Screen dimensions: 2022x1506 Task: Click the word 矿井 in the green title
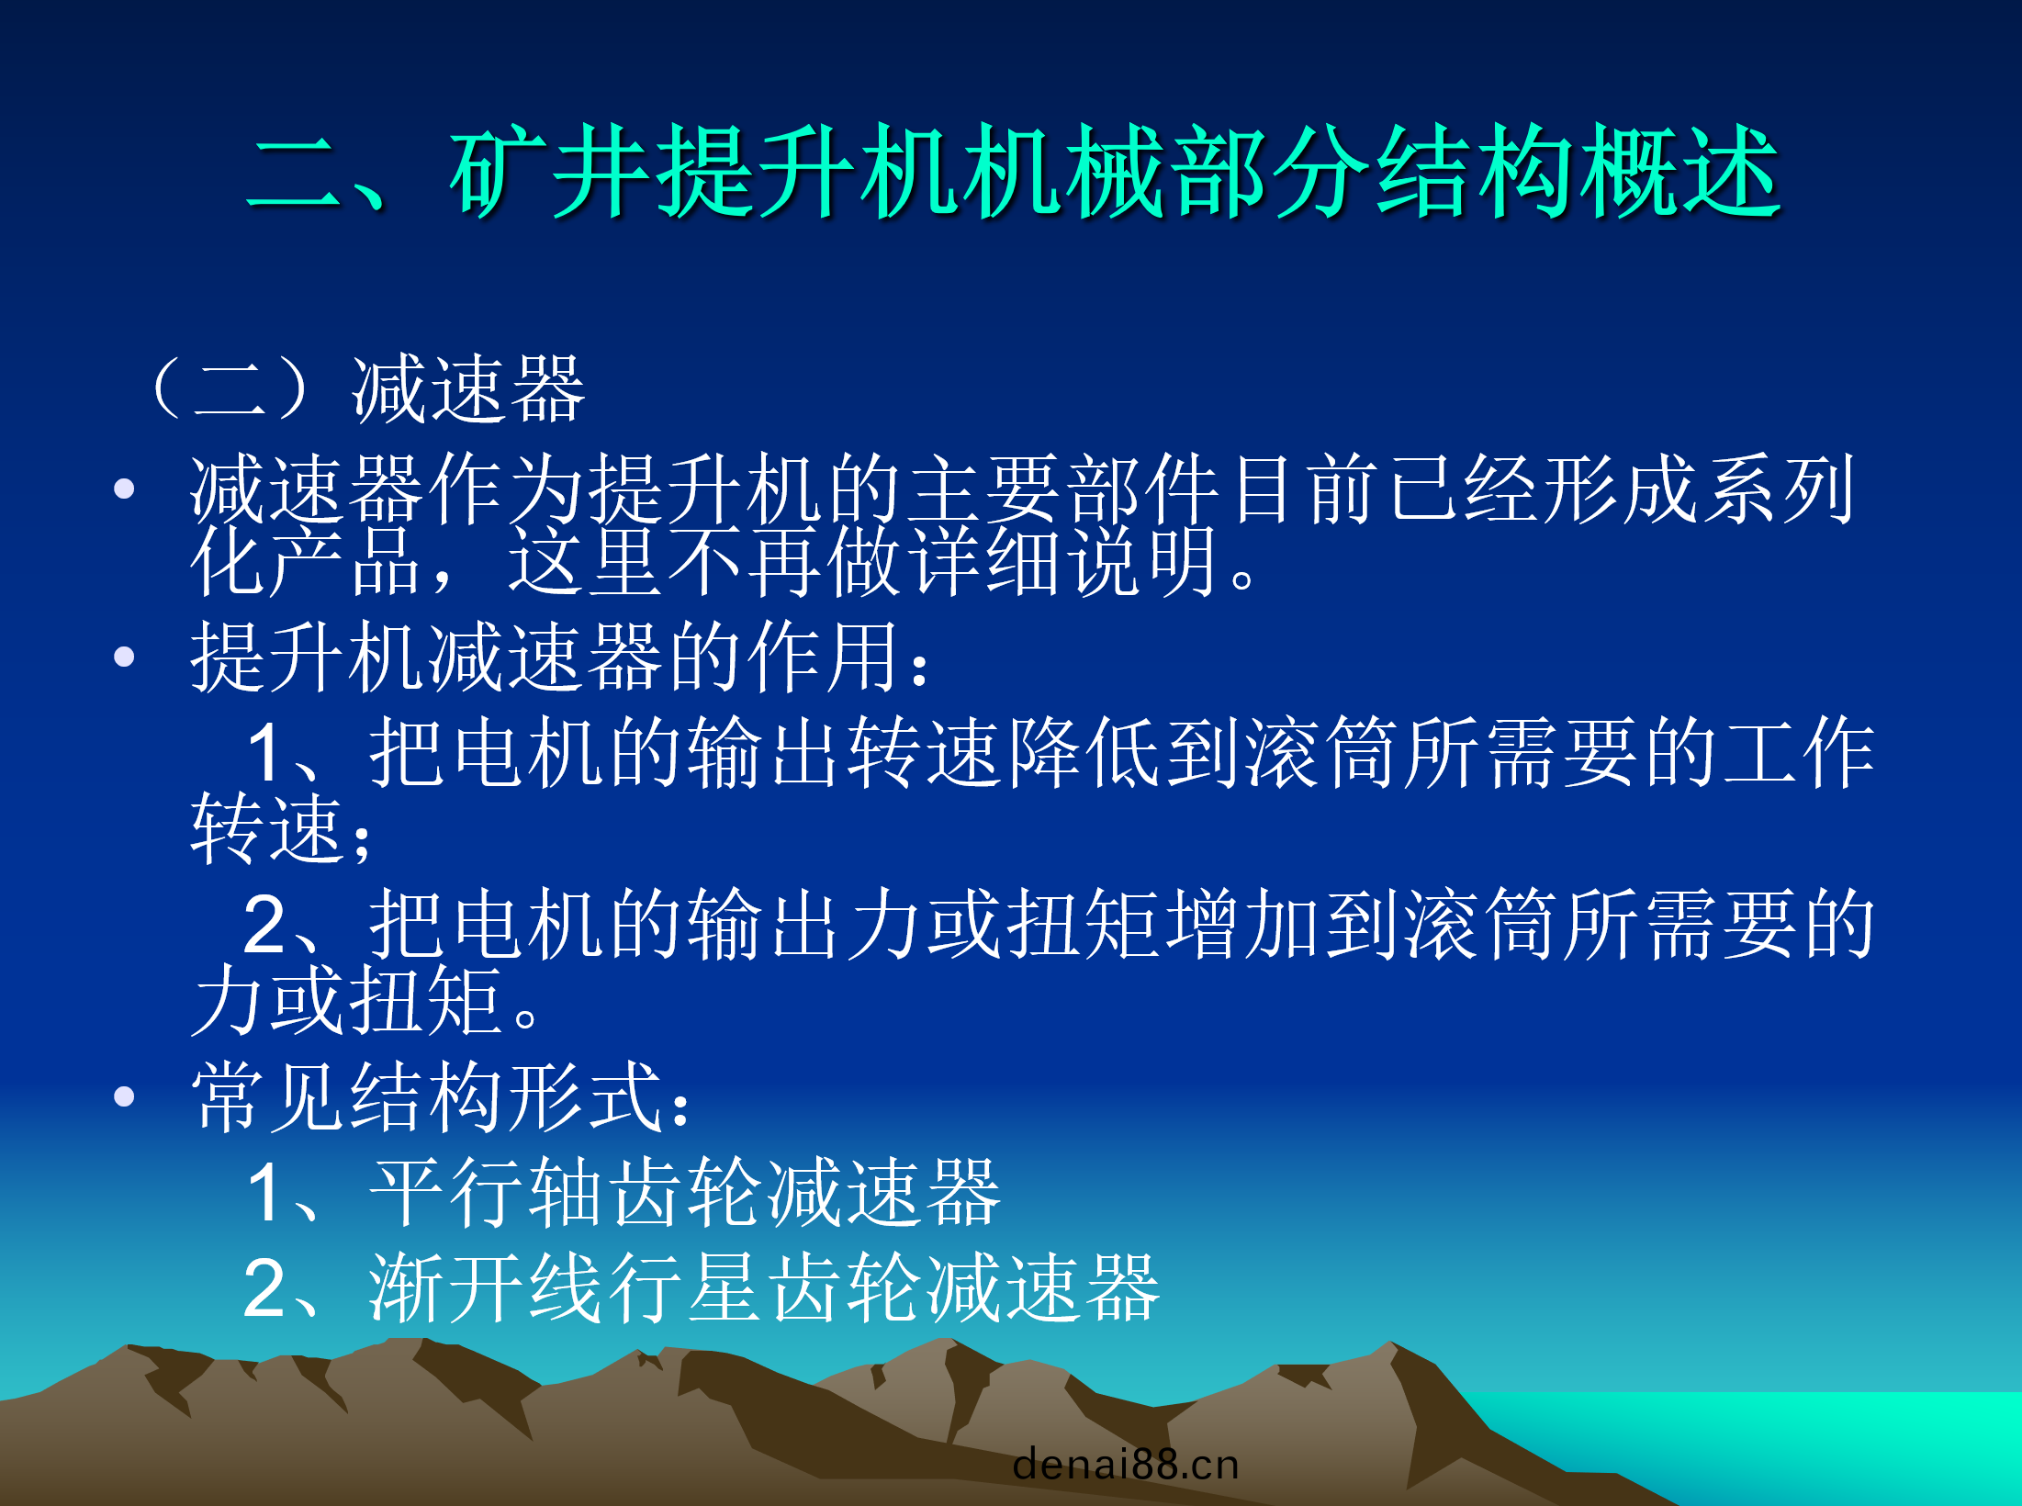tap(553, 172)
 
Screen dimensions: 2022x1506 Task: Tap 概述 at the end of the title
tap(1679, 172)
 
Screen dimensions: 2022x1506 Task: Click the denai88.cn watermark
tap(1126, 1464)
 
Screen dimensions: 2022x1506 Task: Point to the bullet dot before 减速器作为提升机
tap(124, 489)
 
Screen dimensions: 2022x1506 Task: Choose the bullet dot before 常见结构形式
tap(124, 1096)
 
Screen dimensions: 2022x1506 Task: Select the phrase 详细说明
tap(1065, 561)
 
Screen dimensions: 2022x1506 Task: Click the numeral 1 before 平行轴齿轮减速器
tap(266, 1193)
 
